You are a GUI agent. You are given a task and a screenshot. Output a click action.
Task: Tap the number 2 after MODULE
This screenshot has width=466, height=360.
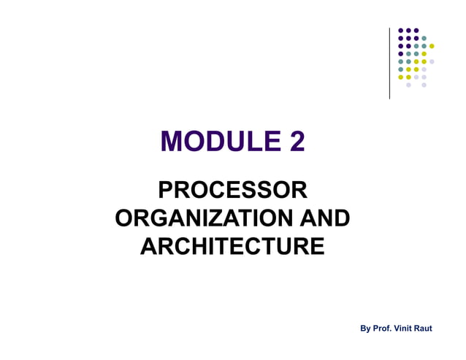(296, 141)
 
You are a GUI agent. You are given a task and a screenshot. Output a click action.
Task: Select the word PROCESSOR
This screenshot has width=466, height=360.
(232, 191)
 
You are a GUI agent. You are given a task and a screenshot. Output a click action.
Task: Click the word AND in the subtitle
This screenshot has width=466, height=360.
(319, 218)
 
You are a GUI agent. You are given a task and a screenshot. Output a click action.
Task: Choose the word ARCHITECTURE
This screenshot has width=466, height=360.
(232, 245)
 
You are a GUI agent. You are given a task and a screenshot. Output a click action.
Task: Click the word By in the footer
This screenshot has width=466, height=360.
(366, 329)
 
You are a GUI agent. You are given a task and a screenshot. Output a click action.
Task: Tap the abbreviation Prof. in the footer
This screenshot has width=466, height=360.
(383, 329)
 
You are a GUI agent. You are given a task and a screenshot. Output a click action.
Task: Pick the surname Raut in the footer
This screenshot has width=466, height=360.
(424, 329)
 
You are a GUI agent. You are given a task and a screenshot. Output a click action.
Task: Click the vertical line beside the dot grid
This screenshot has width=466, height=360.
(390, 62)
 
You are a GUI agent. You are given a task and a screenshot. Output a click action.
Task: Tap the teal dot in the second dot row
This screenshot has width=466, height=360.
(424, 38)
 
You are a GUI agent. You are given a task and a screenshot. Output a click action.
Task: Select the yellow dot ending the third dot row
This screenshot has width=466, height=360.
(432, 46)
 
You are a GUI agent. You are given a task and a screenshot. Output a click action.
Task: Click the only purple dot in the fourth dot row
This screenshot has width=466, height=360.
(400, 53)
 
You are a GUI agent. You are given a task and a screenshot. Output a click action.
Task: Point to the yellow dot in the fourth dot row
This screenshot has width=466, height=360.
(424, 53)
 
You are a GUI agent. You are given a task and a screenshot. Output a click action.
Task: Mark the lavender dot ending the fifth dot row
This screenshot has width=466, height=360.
(432, 61)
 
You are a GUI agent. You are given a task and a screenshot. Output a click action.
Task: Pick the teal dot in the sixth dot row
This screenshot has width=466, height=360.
(400, 69)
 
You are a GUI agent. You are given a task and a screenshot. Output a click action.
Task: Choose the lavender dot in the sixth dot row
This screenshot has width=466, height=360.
(424, 69)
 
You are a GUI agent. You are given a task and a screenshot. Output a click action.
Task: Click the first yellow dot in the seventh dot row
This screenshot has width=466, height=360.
(400, 77)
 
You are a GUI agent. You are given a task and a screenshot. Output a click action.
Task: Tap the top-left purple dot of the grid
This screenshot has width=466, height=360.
(400, 30)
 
